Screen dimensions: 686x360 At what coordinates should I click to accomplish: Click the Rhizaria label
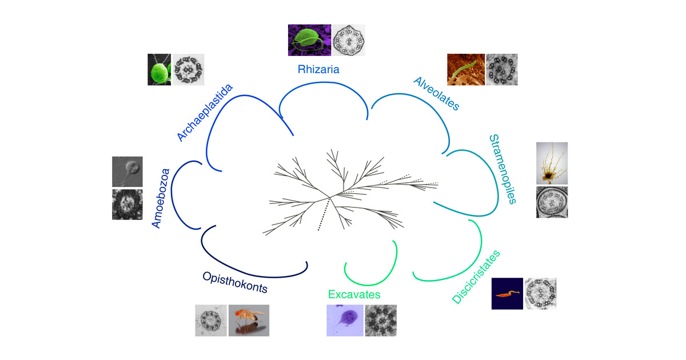click(x=318, y=70)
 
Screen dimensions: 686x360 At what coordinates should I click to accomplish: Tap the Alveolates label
click(x=436, y=93)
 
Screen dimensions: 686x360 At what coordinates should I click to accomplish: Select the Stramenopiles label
click(x=503, y=169)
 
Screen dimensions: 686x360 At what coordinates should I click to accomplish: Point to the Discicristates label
click(x=476, y=277)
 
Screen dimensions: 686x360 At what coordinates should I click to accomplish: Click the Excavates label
click(x=354, y=294)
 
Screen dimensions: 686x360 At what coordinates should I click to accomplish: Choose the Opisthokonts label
click(x=235, y=282)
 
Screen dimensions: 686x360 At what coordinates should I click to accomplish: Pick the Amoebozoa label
click(x=161, y=198)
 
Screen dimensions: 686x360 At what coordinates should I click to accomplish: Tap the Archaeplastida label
click(x=205, y=113)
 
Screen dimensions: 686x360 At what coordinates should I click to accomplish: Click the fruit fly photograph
click(x=249, y=321)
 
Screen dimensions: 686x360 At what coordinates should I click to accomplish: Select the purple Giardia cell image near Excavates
click(x=345, y=321)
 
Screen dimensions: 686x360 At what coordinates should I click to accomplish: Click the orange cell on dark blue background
click(x=507, y=294)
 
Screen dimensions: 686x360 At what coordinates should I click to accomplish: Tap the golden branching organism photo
click(x=552, y=163)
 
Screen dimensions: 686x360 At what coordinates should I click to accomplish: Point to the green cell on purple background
click(x=309, y=40)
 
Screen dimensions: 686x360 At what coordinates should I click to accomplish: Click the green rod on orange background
click(x=466, y=70)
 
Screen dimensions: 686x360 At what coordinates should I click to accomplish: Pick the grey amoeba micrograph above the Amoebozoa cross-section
click(x=127, y=171)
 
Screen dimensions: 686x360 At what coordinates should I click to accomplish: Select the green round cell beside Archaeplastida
click(x=159, y=70)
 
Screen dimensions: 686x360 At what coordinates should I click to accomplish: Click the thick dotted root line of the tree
click(x=324, y=214)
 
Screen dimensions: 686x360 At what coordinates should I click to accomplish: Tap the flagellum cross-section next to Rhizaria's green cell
click(x=349, y=40)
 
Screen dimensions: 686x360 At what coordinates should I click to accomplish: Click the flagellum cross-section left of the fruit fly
click(x=211, y=321)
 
